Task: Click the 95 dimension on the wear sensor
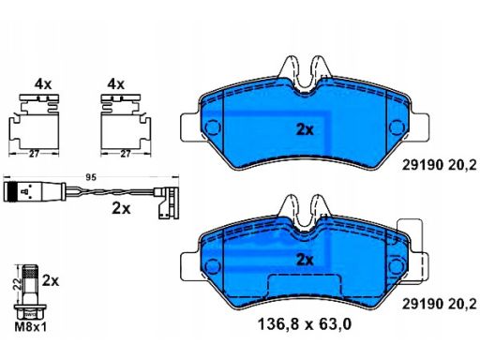[x=91, y=178]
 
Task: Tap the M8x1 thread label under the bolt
[x=31, y=327]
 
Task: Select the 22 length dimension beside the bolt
[x=18, y=283]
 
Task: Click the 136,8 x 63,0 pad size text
[x=305, y=324]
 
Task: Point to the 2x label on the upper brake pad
[x=305, y=129]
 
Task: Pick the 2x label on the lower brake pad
[x=305, y=260]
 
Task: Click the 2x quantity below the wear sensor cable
[x=121, y=208]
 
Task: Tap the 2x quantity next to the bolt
[x=51, y=280]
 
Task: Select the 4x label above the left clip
[x=43, y=84]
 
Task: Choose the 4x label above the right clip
[x=115, y=84]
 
